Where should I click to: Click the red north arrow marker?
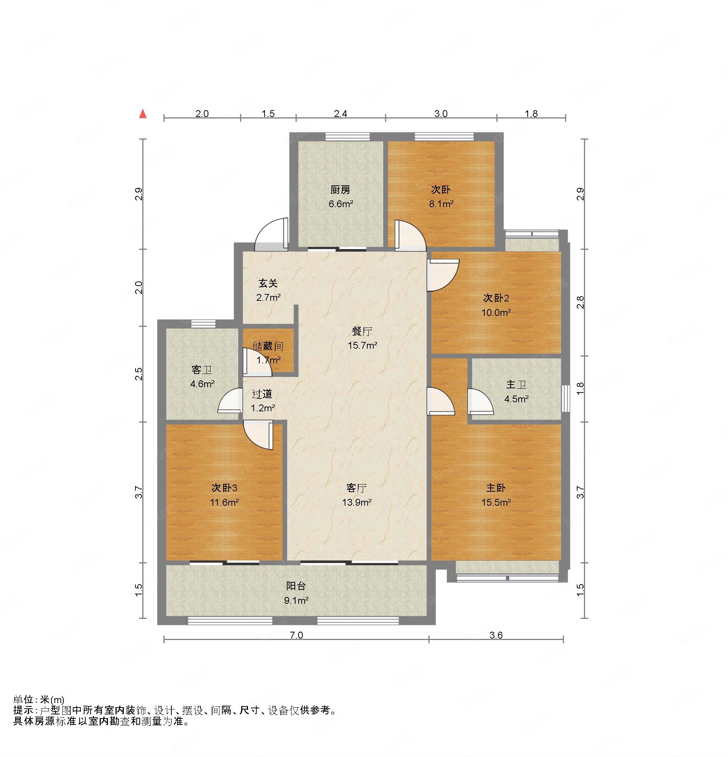click(143, 114)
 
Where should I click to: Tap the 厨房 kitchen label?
click(340, 190)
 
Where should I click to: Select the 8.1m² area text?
click(441, 204)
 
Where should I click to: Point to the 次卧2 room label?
click(496, 298)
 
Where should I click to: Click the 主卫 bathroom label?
click(516, 385)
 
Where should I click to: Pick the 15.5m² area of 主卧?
click(496, 502)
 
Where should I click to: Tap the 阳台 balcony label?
click(296, 586)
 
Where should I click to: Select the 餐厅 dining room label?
click(362, 331)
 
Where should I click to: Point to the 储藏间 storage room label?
click(268, 346)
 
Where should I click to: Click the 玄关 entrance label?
click(268, 283)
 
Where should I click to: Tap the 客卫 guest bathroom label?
click(202, 370)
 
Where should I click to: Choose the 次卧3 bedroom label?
click(225, 488)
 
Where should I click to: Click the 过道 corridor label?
click(262, 394)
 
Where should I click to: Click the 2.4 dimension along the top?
click(341, 114)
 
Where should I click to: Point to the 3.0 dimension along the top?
click(441, 114)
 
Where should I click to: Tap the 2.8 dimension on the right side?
click(580, 302)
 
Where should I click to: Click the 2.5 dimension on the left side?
click(139, 374)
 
